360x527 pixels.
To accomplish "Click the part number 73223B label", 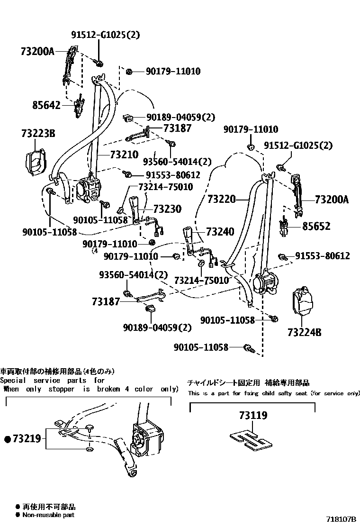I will click(x=38, y=134).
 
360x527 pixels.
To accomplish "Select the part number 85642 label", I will click(x=46, y=105).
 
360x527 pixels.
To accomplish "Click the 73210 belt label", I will click(x=124, y=154).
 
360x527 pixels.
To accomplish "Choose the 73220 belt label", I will click(x=221, y=200).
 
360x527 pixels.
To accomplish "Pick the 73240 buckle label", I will click(x=220, y=232).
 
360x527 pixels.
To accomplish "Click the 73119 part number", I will click(x=253, y=416).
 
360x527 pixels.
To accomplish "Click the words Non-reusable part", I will click(x=48, y=515).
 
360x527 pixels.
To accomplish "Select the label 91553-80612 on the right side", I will click(x=323, y=256).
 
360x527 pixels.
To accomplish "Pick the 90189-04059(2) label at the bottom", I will click(x=157, y=327).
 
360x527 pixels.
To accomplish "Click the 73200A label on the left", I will click(x=38, y=51).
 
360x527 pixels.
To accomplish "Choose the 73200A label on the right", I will click(x=331, y=200).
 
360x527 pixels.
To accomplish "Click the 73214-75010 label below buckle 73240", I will click(x=201, y=281).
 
